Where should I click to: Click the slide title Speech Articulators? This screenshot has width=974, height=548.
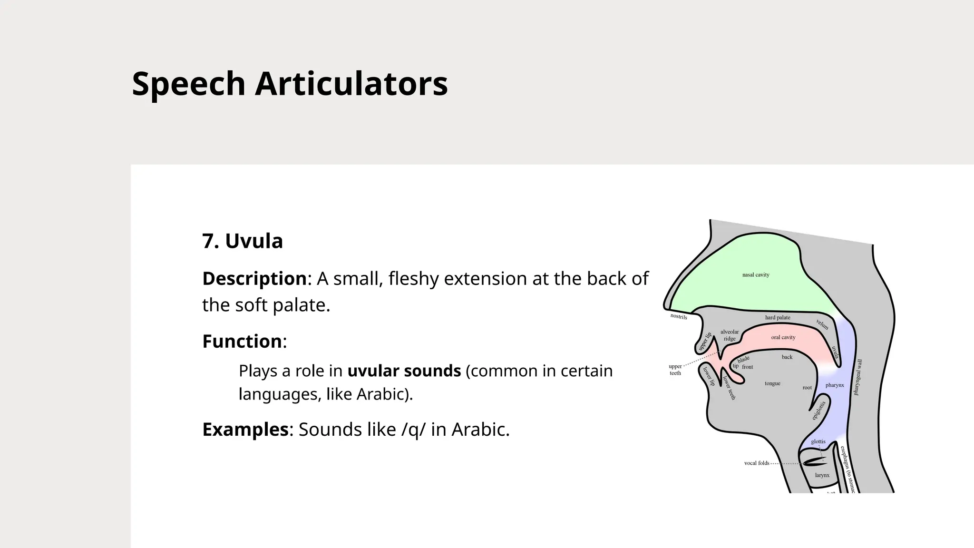point(290,84)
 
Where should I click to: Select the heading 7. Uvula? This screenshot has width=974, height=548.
point(243,241)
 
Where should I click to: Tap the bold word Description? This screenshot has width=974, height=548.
point(254,279)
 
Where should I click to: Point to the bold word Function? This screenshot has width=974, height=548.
point(242,342)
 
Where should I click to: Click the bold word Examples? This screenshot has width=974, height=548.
point(245,430)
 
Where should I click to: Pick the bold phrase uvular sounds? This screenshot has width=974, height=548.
point(404,371)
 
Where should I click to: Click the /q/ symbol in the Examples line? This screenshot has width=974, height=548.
point(413,430)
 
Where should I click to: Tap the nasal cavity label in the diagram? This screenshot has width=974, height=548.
point(756,275)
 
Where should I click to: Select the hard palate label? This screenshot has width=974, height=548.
point(778,318)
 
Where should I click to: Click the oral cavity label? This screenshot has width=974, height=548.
point(783,337)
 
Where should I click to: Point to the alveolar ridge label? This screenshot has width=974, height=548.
point(730,335)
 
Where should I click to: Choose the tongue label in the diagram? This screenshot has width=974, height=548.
point(772,383)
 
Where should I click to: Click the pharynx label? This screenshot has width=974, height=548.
point(835,385)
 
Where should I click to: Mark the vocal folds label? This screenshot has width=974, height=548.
point(757,463)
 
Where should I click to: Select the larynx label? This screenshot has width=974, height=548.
point(822,475)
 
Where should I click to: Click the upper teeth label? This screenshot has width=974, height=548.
point(675,370)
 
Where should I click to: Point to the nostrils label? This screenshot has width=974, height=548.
point(679,317)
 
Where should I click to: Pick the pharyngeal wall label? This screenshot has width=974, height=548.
point(858,377)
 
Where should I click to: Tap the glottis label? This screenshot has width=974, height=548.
point(818,442)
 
